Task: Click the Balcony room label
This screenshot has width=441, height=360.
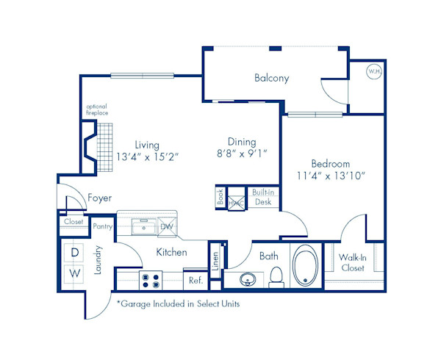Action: [x=271, y=78]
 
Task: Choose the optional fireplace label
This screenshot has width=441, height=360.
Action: [x=97, y=110]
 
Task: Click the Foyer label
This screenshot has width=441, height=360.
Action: [x=99, y=198]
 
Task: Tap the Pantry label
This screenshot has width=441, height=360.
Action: [x=103, y=226]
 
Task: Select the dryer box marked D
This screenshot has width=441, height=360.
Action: [x=74, y=252]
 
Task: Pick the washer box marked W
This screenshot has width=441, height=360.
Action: [x=74, y=273]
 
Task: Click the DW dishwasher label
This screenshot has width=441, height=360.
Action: [x=167, y=227]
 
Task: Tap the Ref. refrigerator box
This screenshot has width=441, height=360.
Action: [x=196, y=280]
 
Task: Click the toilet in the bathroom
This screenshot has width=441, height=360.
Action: [x=277, y=276]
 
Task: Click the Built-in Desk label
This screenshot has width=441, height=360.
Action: [x=262, y=197]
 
